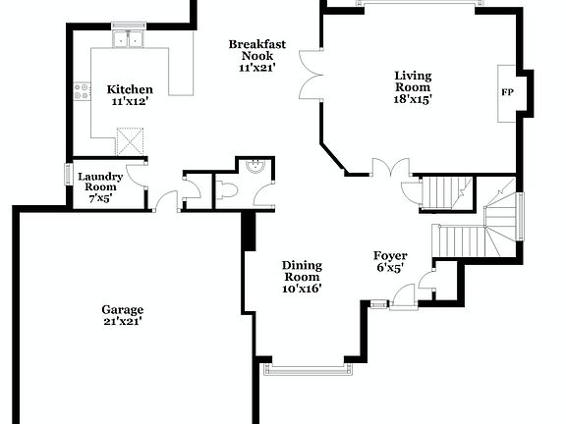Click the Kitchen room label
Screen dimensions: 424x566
pos(130,89)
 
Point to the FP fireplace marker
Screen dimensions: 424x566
pos(508,93)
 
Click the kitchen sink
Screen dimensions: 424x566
pos(128,40)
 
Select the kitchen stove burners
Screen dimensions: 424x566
pos(81,94)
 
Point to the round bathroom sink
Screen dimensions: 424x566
pos(255,167)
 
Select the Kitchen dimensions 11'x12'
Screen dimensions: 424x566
pos(130,101)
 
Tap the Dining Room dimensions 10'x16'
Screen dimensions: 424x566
pos(302,289)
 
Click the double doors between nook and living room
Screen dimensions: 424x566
pos(310,77)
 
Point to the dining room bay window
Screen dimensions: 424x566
pos(308,370)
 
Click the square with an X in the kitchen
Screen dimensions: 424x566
pos(129,139)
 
